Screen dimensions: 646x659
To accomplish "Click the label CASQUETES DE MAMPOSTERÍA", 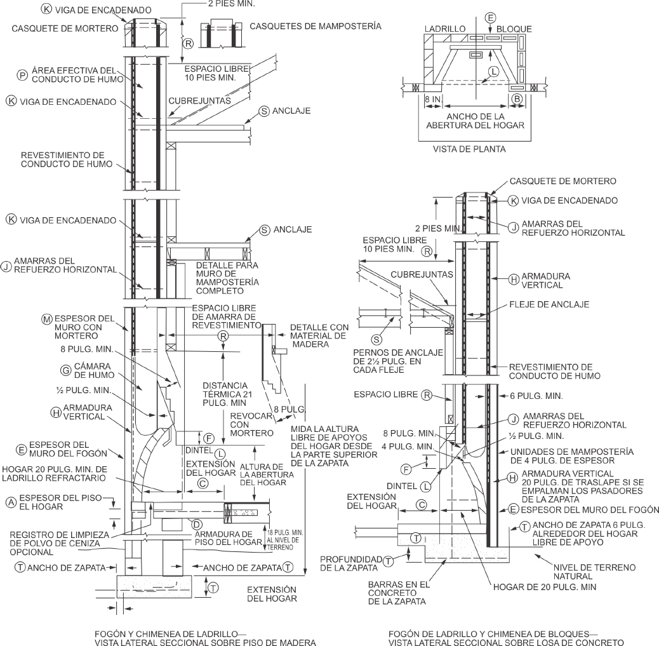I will pos(316,27).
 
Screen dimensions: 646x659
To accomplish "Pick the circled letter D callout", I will pos(197,523).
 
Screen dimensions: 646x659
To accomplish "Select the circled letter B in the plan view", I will pos(517,98).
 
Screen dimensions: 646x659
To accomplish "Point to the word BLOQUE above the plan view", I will pos(514,29).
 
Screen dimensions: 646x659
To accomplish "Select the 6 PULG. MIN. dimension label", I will pos(536,395).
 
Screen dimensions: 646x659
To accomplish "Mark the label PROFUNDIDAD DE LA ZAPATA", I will pos(349,563).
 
